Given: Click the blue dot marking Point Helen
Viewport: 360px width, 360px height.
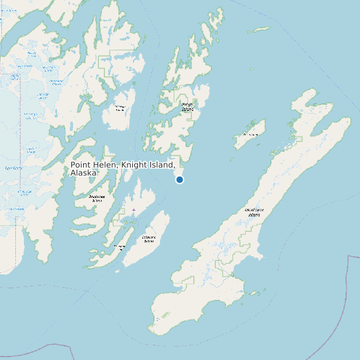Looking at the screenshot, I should (x=179, y=179).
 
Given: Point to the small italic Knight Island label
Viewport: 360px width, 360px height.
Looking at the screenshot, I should (x=188, y=106).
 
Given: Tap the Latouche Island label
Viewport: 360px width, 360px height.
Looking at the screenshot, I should (x=149, y=238).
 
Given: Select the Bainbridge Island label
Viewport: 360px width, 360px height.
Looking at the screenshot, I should (x=97, y=198).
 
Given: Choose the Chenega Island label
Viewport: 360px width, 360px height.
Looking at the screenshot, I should (x=120, y=108).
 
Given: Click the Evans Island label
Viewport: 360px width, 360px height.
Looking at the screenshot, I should (x=120, y=247).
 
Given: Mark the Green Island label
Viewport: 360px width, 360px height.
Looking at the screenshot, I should (x=250, y=135).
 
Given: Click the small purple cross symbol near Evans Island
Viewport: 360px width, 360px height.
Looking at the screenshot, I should (x=134, y=211).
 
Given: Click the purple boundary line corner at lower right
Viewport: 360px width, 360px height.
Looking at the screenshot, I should (x=348, y=256).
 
